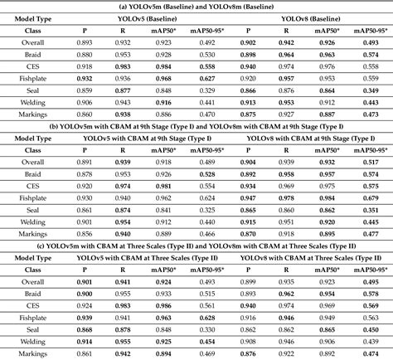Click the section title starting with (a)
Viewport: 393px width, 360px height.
pyautogui.click(x=196, y=7)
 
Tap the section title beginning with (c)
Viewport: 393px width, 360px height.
pyautogui.click(x=196, y=246)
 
